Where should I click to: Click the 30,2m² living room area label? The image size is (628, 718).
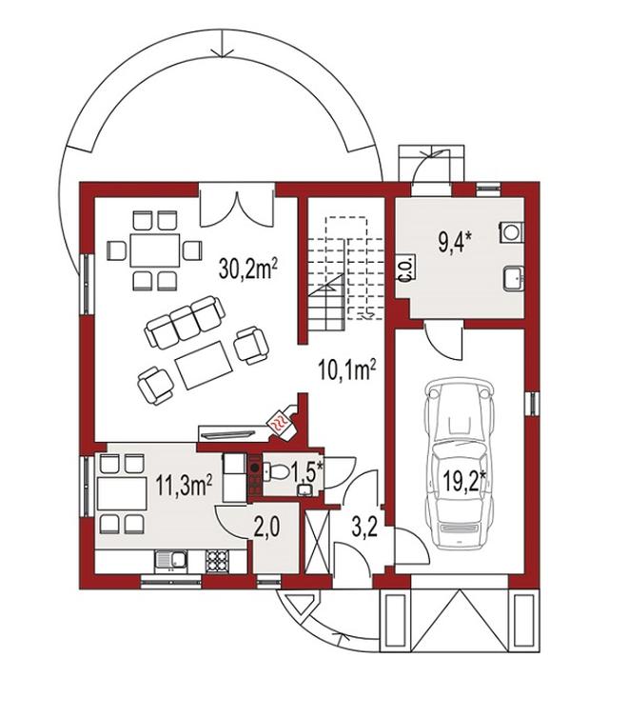[x=249, y=269]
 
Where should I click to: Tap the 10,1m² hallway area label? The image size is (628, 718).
[x=347, y=370]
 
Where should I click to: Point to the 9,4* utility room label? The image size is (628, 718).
[x=454, y=242]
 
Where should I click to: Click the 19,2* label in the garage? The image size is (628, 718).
[x=463, y=480]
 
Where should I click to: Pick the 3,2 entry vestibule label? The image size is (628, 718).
[x=364, y=528]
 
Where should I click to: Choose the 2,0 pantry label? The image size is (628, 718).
[x=267, y=528]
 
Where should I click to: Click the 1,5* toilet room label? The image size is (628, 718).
[x=308, y=473]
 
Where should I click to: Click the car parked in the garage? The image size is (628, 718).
[x=460, y=464]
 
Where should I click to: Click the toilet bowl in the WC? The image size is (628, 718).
[x=277, y=471]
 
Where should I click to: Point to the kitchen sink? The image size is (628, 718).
[x=170, y=561]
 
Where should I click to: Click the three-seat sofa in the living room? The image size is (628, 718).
[x=185, y=323]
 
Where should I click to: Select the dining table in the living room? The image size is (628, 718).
[x=154, y=250]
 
